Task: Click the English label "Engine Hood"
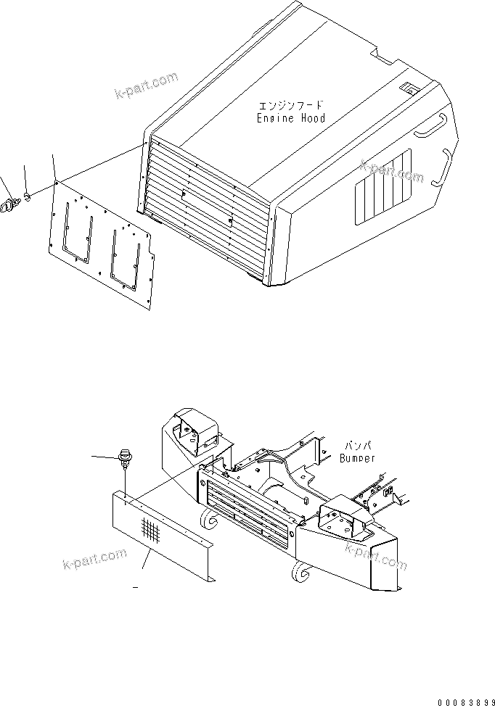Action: coord(290,117)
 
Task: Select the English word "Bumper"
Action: coord(358,458)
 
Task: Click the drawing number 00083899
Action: coord(464,702)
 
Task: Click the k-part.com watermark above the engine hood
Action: coord(146,85)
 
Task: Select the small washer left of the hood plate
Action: coord(27,196)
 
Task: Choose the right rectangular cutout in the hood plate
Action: coord(125,254)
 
